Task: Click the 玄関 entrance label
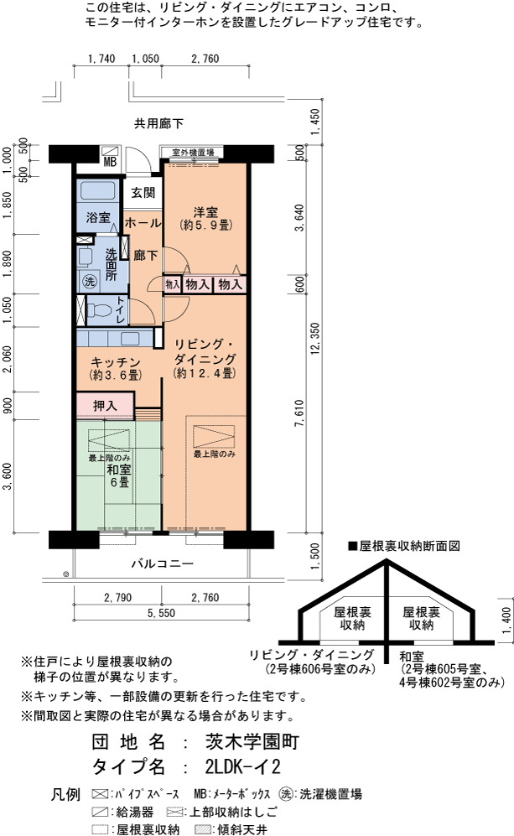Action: pos(143,193)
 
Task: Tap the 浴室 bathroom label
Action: pos(98,217)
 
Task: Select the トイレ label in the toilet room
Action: pos(120,309)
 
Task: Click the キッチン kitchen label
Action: pos(115,362)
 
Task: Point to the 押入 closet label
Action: pos(105,406)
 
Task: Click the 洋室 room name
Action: pos(205,211)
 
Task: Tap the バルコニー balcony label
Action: pos(163,563)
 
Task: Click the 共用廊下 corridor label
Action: pos(158,124)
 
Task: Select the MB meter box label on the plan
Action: pos(110,162)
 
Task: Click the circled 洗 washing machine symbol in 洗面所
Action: pos(90,281)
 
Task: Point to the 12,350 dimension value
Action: pos(314,339)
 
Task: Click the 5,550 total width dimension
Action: pos(161,613)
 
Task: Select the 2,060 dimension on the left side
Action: pos(7,361)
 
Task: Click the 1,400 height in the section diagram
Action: pos(506,620)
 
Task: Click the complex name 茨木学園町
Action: pos(252,741)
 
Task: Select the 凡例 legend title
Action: pos(65,794)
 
